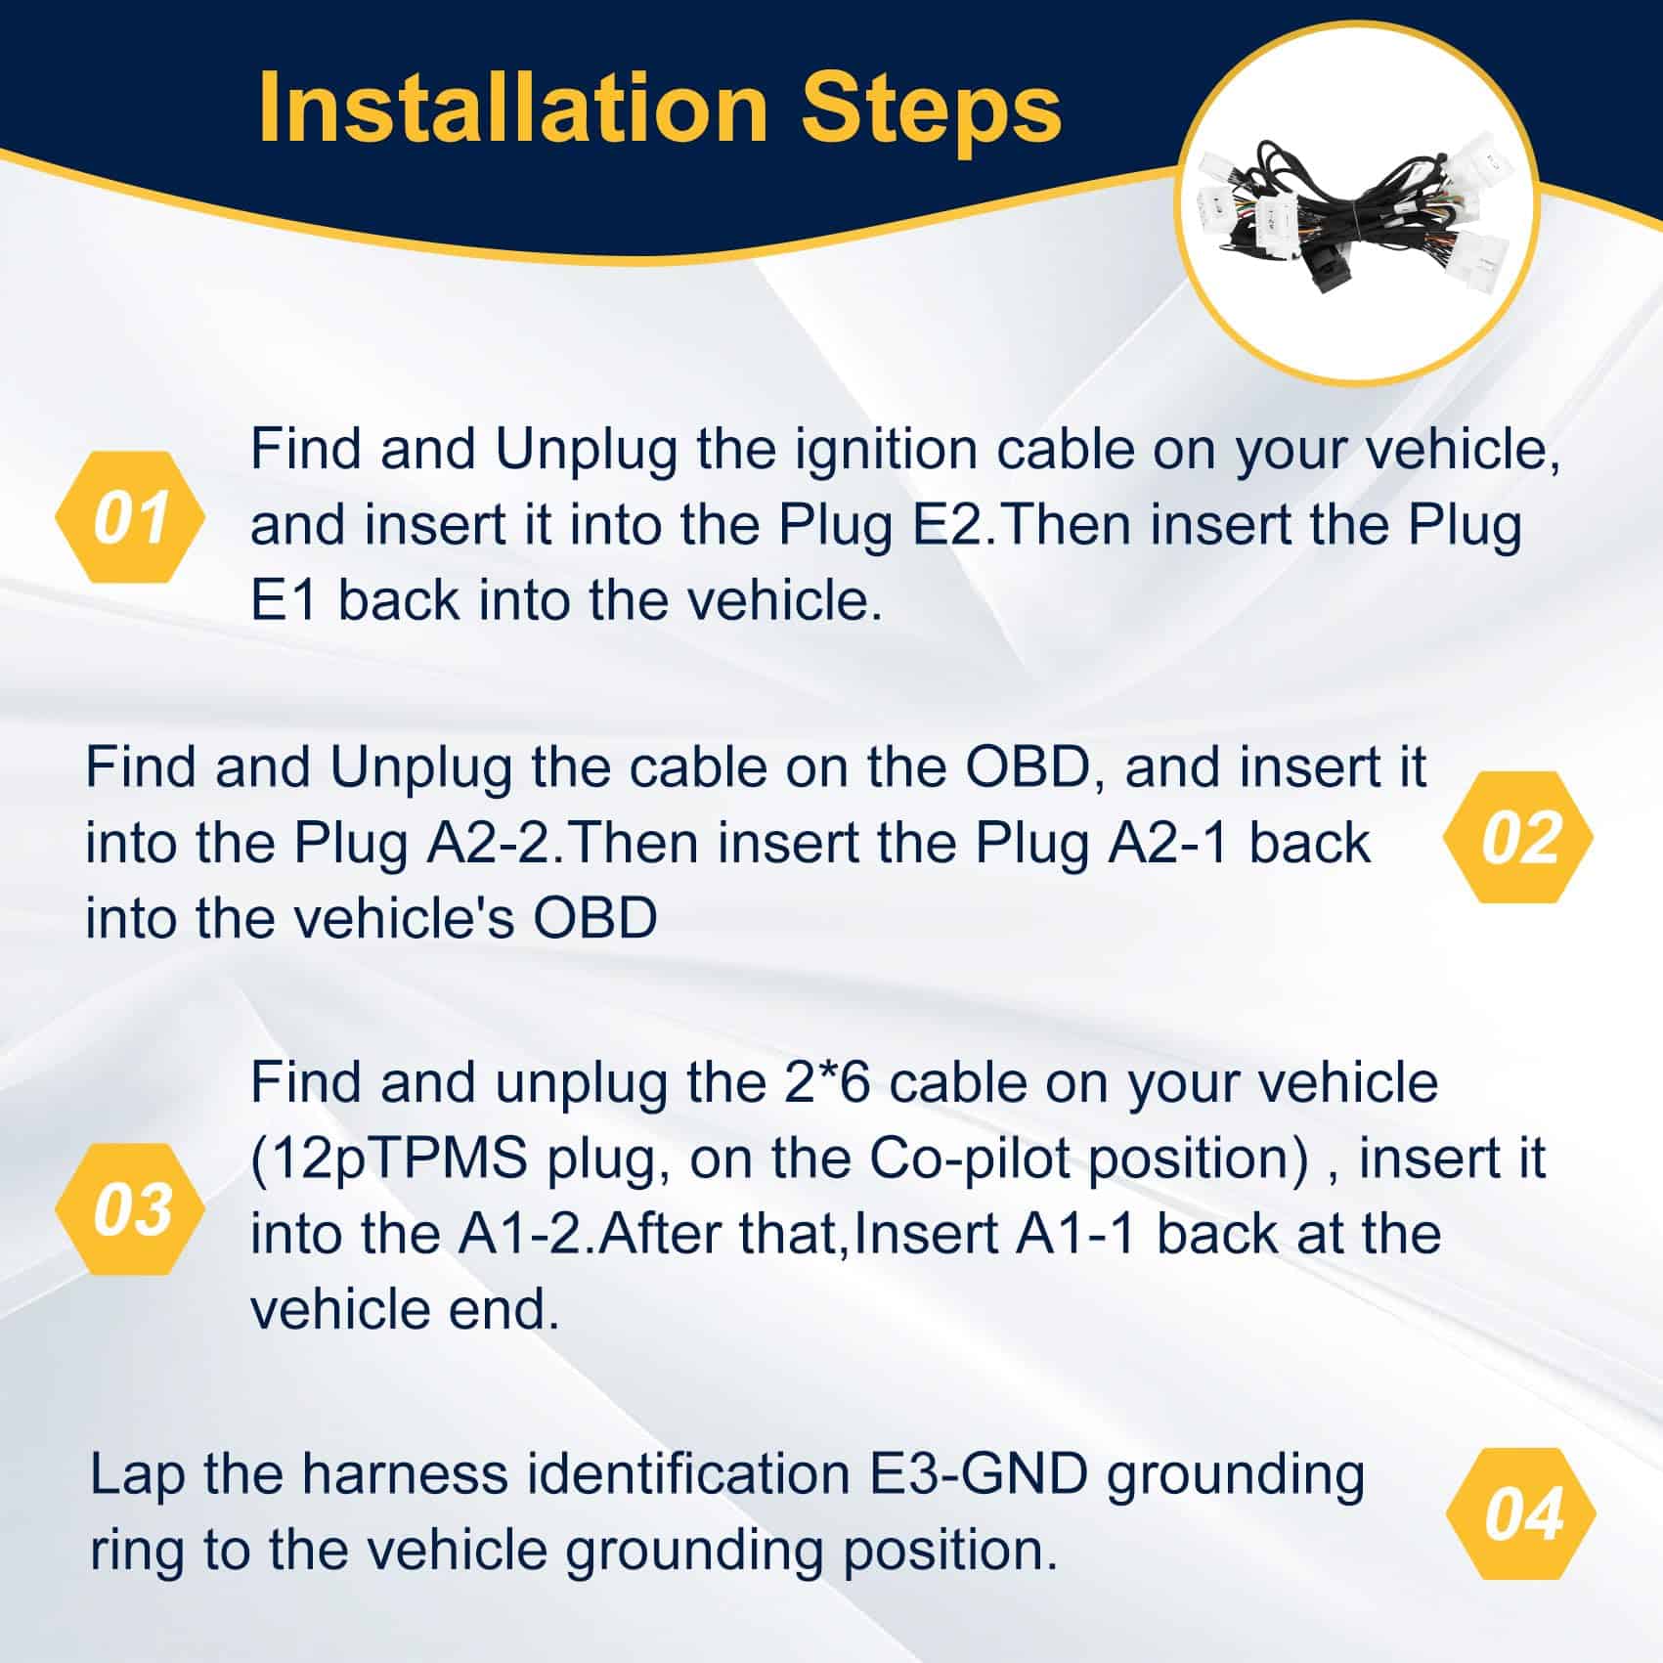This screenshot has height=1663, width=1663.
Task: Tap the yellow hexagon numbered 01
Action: [x=130, y=517]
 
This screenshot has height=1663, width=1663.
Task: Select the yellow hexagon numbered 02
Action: [x=1518, y=837]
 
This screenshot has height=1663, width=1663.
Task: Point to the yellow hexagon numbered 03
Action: [x=130, y=1208]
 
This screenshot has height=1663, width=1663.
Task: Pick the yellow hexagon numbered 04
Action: [x=1520, y=1513]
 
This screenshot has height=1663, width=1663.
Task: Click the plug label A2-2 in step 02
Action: [x=492, y=844]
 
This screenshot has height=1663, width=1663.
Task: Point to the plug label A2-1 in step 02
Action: [x=1167, y=844]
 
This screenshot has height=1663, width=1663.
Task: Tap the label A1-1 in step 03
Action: [x=1075, y=1234]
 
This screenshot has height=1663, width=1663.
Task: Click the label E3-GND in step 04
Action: [x=979, y=1474]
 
